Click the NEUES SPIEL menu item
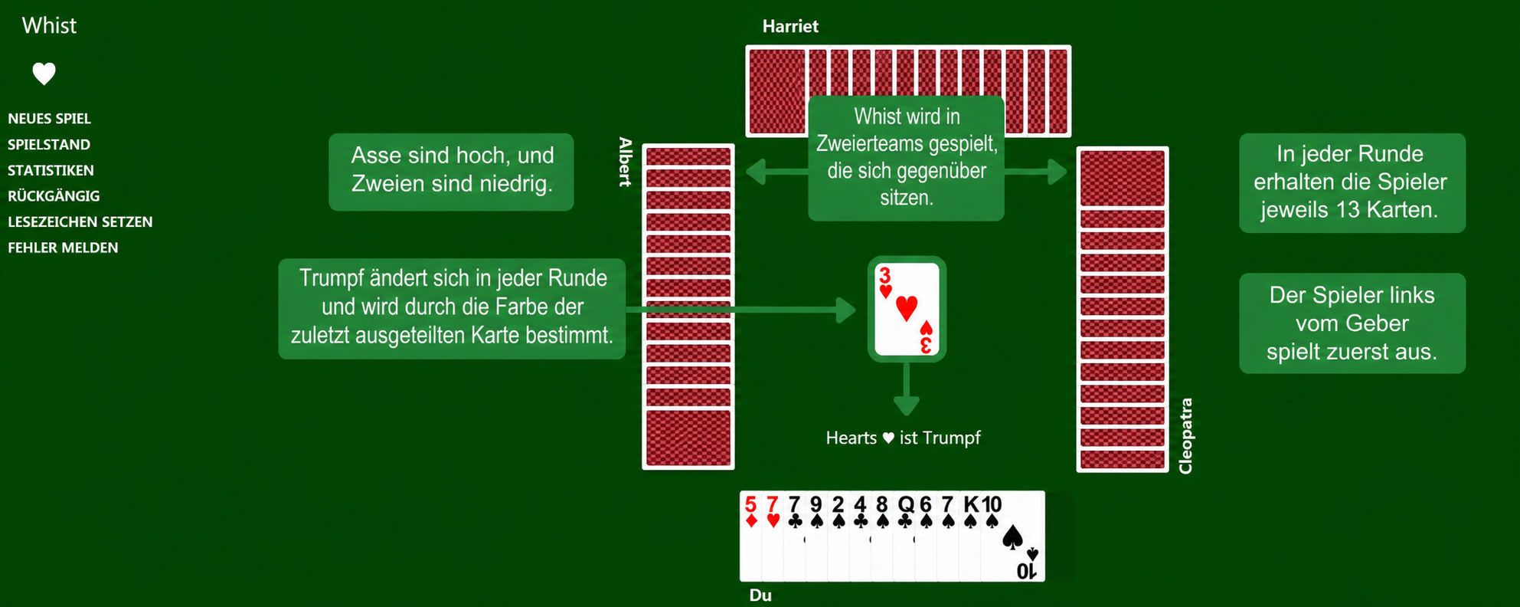pos(50,119)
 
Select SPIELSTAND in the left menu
pos(49,145)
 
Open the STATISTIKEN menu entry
pos(51,170)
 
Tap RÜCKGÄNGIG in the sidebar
pos(54,195)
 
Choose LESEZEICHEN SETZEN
pos(80,221)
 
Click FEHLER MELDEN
pos(63,248)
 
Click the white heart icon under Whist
pos(44,74)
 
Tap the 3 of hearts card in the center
pos(907,309)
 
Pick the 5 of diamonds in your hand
pos(750,536)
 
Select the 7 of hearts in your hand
pos(773,536)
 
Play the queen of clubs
pos(906,536)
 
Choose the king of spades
pos(971,536)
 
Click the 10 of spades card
pos(1012,536)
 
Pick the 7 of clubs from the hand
pos(794,536)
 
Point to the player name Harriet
pos(790,26)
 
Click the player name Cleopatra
pos(1185,436)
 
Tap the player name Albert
pos(626,162)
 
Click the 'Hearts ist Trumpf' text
pos(903,438)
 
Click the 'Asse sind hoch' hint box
pos(451,172)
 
